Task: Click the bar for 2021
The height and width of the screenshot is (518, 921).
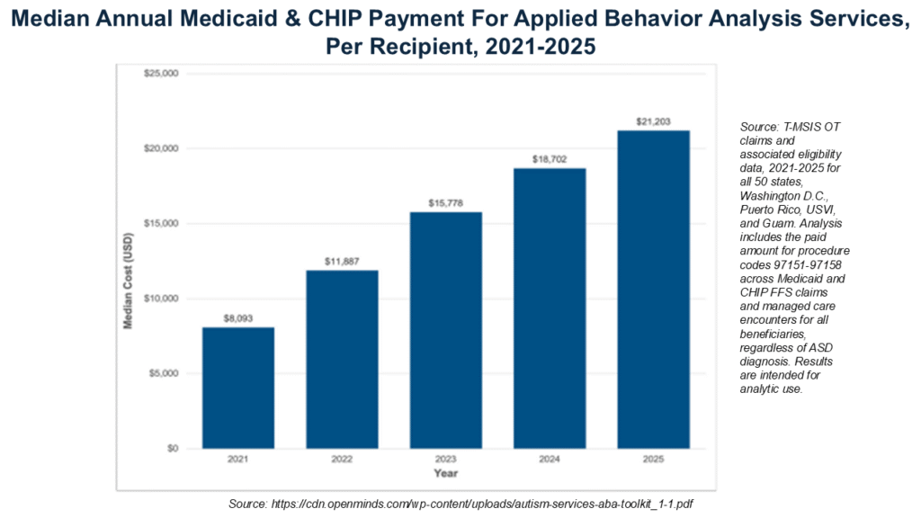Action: [x=237, y=388]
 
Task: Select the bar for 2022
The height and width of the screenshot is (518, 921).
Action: [x=342, y=360]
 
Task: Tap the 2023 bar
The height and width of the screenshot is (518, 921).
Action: [x=446, y=330]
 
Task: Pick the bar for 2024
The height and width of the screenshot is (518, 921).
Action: [x=550, y=308]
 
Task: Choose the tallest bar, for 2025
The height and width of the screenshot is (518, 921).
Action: [x=653, y=290]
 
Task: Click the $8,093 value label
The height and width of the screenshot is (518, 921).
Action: [x=237, y=318]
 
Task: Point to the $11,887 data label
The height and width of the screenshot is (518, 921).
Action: [x=342, y=262]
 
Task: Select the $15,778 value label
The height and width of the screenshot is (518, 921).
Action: [x=446, y=203]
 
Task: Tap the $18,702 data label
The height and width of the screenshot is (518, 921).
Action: [x=550, y=159]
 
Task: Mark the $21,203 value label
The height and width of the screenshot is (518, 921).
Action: [x=653, y=121]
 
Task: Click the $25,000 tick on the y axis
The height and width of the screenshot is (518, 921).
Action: [x=161, y=74]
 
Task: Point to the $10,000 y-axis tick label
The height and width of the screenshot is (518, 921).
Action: [x=161, y=299]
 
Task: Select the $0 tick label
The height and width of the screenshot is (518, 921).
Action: [x=173, y=448]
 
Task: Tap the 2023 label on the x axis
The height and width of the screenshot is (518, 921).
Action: [x=446, y=460]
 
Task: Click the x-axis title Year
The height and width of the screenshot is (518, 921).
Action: [x=446, y=473]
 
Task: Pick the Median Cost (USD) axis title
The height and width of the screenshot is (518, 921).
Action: [x=128, y=281]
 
